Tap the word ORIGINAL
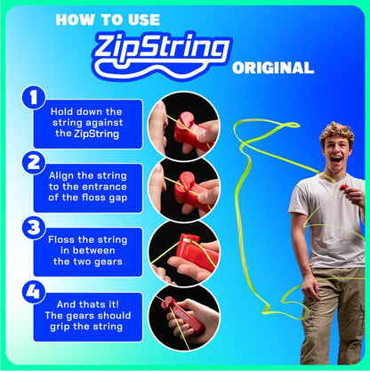(272, 68)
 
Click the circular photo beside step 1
(182, 121)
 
